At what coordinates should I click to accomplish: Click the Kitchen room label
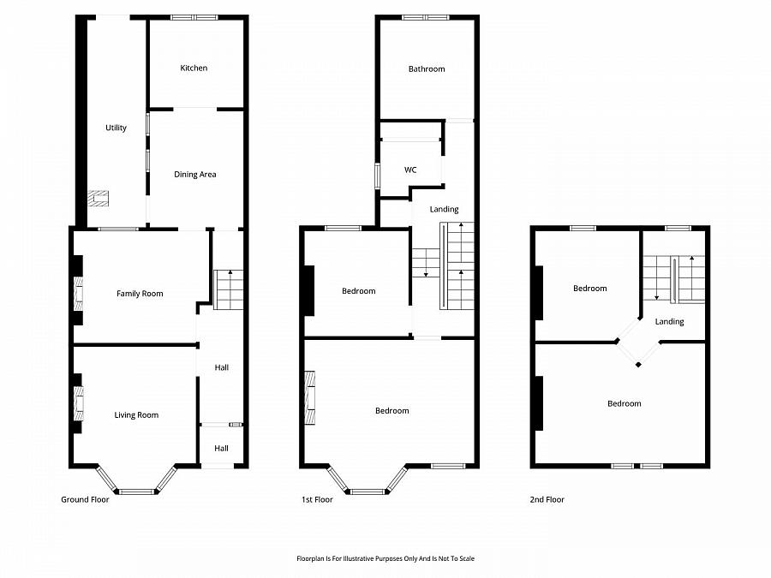[x=194, y=69]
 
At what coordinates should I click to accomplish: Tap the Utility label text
[x=116, y=128]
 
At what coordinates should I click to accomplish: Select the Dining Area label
[x=195, y=175]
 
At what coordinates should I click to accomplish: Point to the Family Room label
[x=140, y=294]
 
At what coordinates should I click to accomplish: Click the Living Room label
[x=136, y=415]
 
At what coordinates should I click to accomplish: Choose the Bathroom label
[x=427, y=69]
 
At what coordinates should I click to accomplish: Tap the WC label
[x=410, y=170]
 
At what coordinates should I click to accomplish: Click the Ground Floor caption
[x=85, y=499]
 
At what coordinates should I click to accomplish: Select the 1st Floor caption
[x=317, y=499]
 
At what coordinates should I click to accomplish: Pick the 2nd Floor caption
[x=547, y=499]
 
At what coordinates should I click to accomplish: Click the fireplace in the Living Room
[x=79, y=403]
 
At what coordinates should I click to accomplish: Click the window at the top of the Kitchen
[x=194, y=17]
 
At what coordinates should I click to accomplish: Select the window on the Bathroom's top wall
[x=426, y=17]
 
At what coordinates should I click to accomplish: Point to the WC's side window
[x=377, y=175]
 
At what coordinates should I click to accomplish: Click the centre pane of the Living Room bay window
[x=137, y=491]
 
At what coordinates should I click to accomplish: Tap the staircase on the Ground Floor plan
[x=229, y=289]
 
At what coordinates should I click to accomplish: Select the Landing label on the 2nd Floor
[x=669, y=322]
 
